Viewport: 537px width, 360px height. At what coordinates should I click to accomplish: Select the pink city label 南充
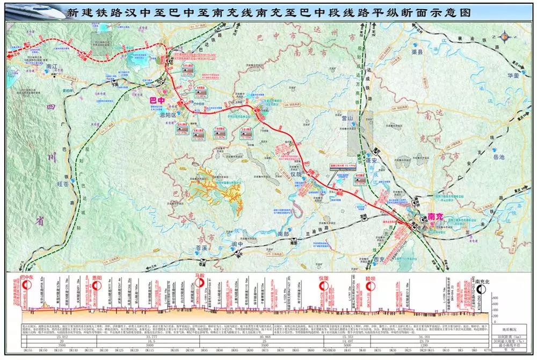(434, 217)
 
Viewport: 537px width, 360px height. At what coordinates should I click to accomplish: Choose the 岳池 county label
(499, 158)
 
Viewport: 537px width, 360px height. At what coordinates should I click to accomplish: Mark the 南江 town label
(52, 67)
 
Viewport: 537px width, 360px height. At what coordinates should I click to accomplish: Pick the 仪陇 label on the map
(297, 174)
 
